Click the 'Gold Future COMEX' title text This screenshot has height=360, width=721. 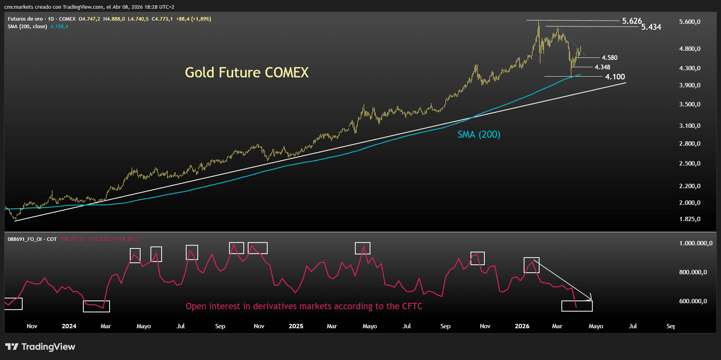247,73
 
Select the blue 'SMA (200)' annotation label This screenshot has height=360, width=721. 479,135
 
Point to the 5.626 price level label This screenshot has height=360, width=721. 632,21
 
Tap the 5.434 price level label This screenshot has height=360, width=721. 651,27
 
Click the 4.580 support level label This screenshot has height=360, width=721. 609,58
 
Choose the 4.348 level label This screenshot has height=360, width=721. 602,67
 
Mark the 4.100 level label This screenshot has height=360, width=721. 615,77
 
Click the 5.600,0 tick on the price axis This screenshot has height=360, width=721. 690,22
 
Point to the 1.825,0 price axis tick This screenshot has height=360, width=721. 690,219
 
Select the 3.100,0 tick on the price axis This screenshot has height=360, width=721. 690,126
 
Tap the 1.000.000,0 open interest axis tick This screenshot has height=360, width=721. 696,243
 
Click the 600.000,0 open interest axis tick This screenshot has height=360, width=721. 693,301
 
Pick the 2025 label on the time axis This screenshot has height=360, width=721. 296,326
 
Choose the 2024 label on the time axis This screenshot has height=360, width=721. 69,326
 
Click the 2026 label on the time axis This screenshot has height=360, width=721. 522,326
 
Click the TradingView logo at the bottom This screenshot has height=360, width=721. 40,347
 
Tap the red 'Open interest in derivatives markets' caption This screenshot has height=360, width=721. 304,306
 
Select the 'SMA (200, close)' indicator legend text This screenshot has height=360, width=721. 27,27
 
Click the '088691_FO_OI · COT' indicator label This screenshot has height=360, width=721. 32,239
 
